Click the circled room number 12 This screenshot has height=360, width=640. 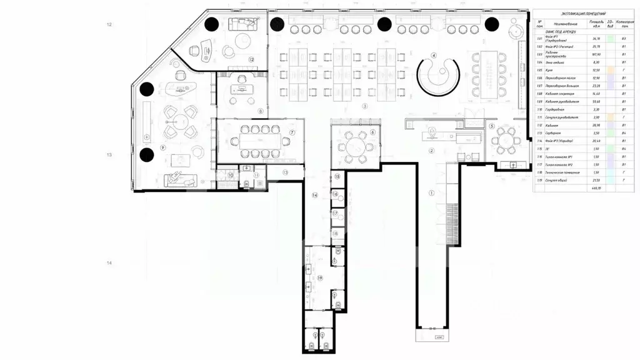point(251,60)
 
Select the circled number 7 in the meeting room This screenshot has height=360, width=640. point(291,133)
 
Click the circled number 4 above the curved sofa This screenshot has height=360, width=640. point(432,55)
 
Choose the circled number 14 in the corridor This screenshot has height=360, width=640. point(315,196)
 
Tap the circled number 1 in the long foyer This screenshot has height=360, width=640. point(431,193)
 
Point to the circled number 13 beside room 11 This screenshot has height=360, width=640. point(284,171)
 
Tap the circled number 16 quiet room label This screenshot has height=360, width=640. point(336,195)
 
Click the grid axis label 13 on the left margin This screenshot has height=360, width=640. point(110,154)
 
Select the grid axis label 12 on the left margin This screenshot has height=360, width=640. point(110,24)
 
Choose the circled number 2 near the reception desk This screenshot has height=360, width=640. point(431,151)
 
